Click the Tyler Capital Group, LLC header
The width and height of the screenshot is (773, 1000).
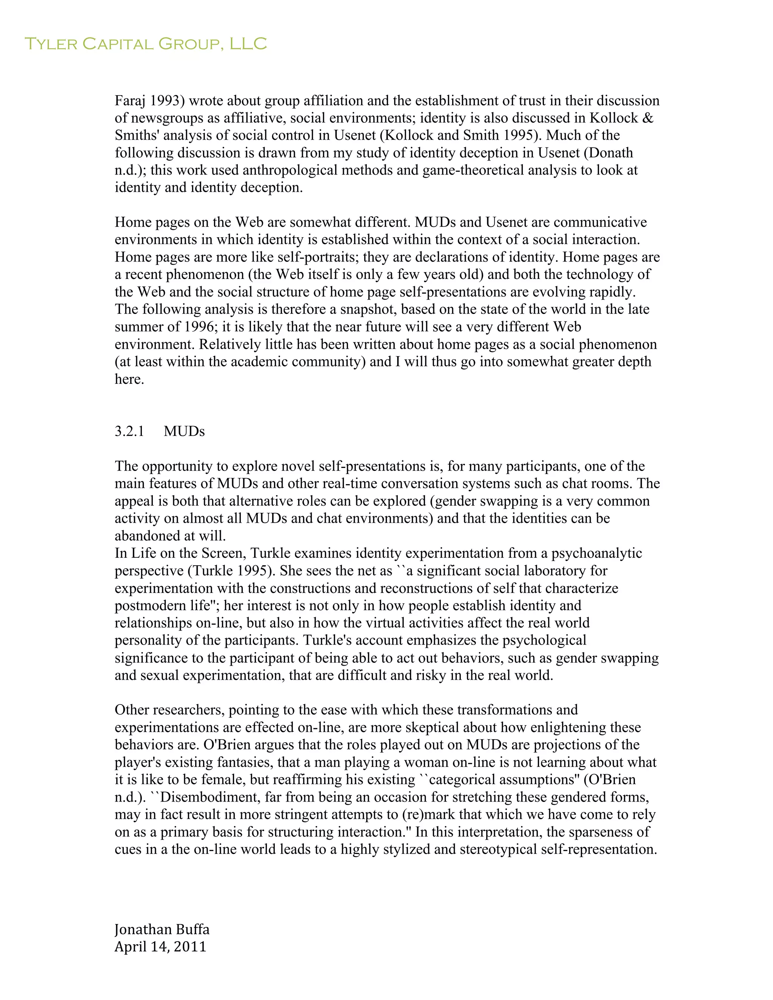pyautogui.click(x=145, y=44)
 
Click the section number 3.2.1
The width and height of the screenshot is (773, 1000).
pyautogui.click(x=129, y=431)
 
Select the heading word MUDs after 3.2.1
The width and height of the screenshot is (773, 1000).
pyautogui.click(x=184, y=431)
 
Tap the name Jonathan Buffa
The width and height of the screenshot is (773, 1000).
pyautogui.click(x=162, y=929)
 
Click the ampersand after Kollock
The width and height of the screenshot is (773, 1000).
pyautogui.click(x=648, y=118)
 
